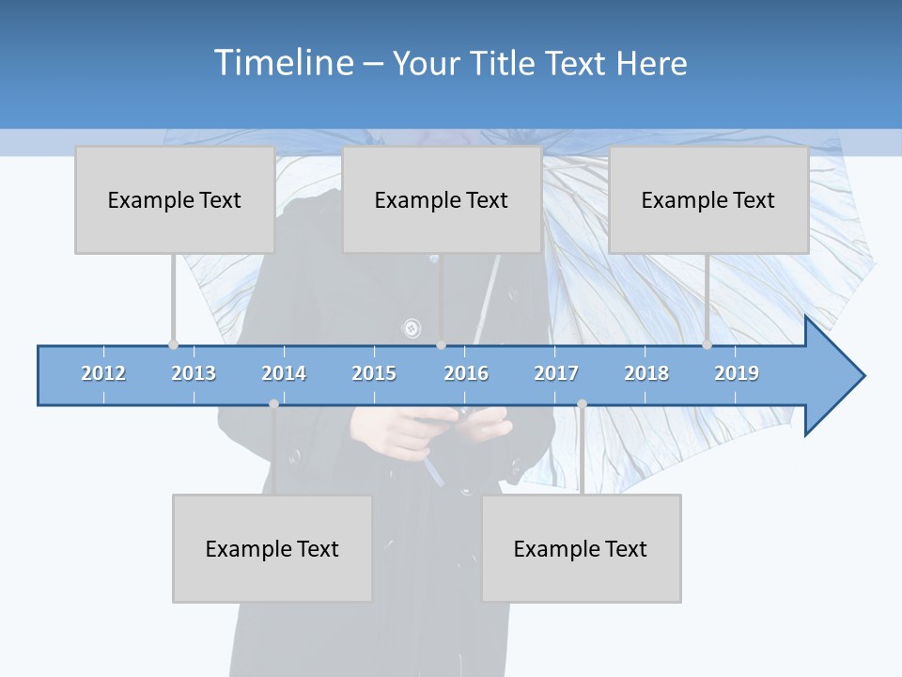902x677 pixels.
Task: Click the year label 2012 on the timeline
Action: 103,373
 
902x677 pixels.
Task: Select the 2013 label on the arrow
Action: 194,373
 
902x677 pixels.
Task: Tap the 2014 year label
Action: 284,373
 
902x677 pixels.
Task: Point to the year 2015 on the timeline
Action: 374,373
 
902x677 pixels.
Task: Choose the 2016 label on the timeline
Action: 466,373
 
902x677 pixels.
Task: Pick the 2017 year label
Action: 556,373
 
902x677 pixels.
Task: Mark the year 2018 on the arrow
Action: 646,373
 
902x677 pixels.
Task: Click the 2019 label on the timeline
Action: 737,373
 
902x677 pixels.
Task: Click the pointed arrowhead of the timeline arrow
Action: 846,376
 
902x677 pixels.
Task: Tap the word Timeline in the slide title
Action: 281,63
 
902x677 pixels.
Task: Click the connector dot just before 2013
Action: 173,344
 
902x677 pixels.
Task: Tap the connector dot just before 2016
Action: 441,344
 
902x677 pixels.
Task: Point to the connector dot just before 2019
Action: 707,344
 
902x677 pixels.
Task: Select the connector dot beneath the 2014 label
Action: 273,403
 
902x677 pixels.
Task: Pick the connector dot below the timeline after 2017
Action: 582,403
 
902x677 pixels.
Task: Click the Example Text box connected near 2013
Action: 175,199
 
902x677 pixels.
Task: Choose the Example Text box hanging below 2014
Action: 272,548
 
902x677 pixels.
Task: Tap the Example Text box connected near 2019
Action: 708,199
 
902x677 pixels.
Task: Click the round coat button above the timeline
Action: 411,328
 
